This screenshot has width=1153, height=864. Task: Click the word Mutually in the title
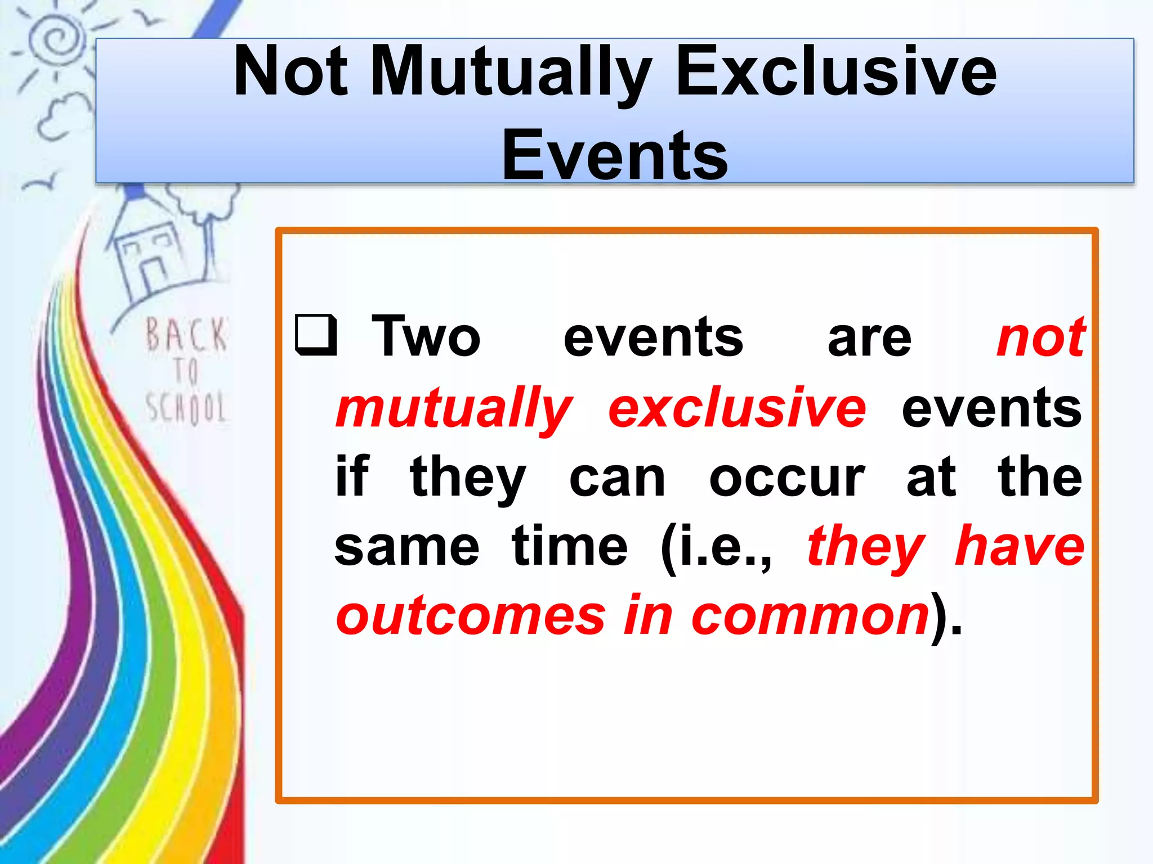(x=510, y=73)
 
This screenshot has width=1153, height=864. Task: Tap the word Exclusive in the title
(x=835, y=73)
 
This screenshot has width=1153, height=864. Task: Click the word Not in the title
(x=291, y=73)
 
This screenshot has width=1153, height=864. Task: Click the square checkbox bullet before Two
(x=316, y=336)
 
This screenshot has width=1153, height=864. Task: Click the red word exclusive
(x=737, y=408)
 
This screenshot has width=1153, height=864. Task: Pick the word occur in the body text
(x=786, y=478)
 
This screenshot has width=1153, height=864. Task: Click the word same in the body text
(x=406, y=547)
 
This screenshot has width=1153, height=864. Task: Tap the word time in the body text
(x=569, y=547)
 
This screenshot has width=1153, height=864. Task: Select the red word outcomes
(x=471, y=616)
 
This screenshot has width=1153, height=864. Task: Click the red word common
(x=810, y=616)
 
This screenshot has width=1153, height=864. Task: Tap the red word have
(x=1020, y=546)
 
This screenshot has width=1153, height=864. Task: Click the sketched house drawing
(x=148, y=253)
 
